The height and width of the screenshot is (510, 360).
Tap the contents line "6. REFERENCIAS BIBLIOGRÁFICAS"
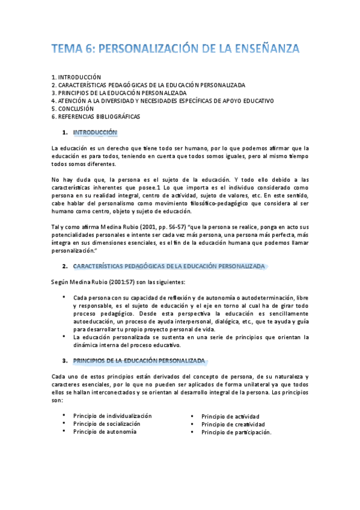96,117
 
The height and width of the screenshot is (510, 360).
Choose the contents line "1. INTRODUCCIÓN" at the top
76,78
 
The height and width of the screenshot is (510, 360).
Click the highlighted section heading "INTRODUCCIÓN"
95,132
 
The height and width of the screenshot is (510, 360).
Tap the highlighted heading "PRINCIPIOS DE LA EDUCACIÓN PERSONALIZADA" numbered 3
139,361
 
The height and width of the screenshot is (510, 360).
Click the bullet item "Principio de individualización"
112,416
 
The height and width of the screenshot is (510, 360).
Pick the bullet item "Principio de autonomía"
105,431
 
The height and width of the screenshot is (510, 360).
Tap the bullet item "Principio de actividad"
230,416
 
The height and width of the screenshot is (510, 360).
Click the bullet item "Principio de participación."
237,432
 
